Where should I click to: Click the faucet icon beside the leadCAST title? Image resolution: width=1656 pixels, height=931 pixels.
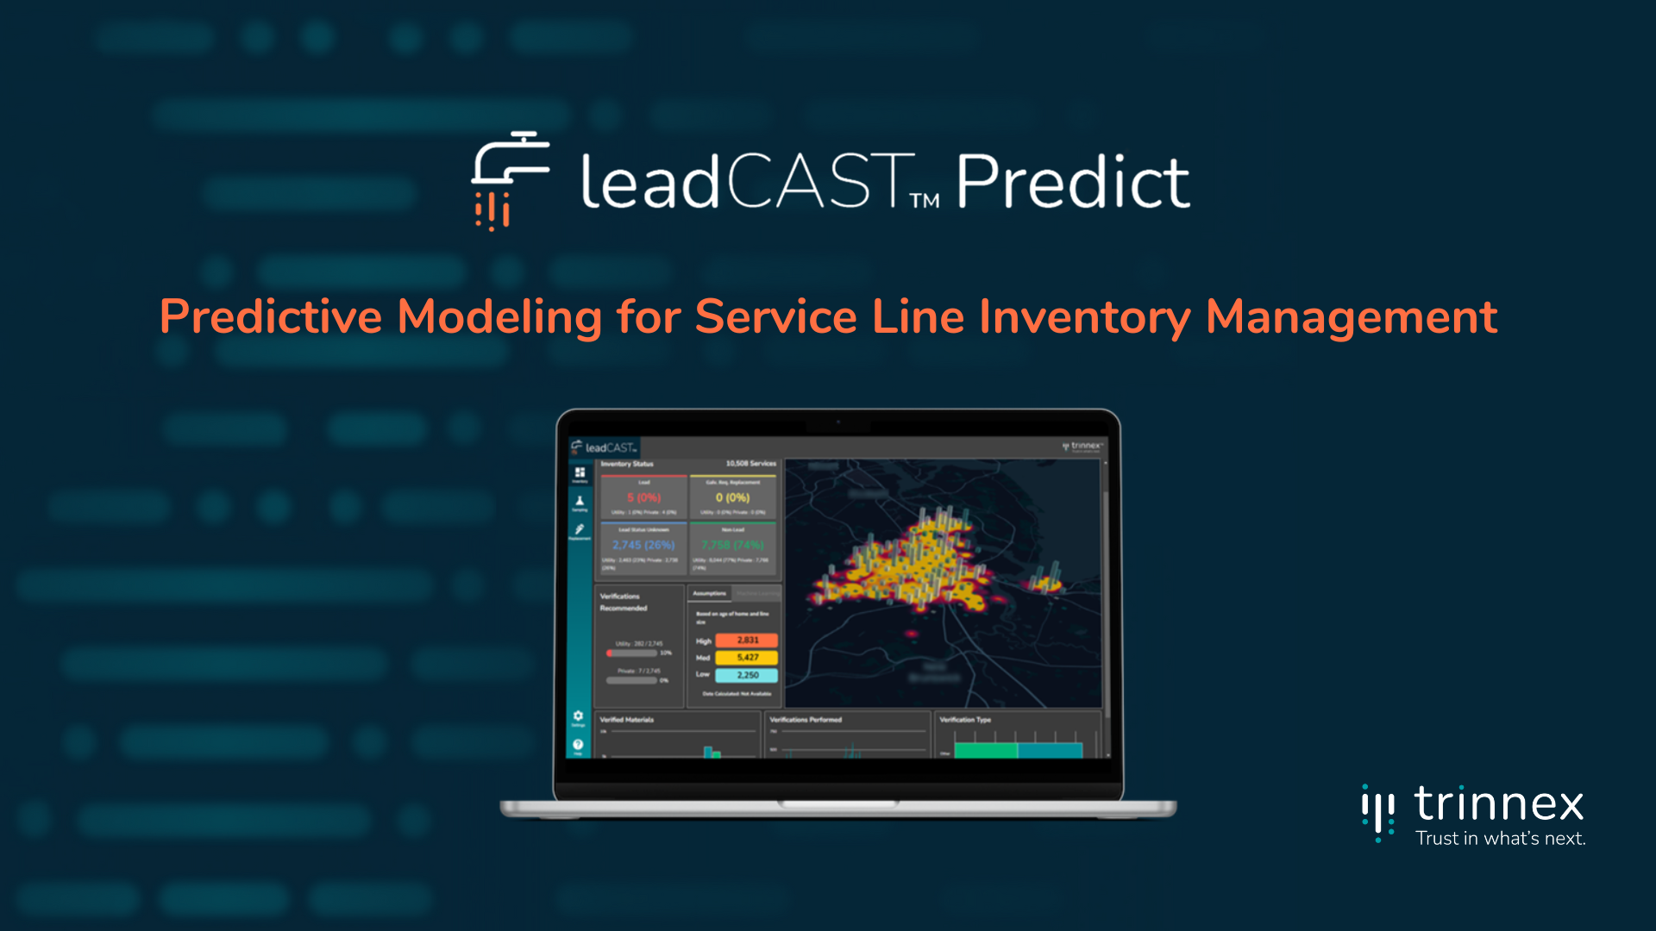(x=509, y=179)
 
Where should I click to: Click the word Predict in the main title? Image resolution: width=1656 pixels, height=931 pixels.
(x=1073, y=183)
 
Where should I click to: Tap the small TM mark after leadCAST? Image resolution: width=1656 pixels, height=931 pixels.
(x=925, y=201)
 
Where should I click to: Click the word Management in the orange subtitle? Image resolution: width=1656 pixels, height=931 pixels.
(x=1351, y=317)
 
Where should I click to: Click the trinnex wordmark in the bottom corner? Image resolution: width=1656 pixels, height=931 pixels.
(x=1499, y=805)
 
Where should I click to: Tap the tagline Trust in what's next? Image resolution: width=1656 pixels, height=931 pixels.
(x=1500, y=839)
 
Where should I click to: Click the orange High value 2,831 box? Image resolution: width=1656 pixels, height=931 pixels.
(x=747, y=640)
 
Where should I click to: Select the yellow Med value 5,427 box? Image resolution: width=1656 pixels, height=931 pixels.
(x=747, y=658)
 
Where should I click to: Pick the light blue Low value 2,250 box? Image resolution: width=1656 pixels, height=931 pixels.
(x=747, y=675)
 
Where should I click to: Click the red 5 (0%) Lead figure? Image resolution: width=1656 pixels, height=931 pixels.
(x=643, y=498)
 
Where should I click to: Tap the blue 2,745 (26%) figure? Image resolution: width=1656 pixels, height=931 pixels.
(x=643, y=545)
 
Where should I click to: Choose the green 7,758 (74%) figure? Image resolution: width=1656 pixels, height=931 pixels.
(x=732, y=545)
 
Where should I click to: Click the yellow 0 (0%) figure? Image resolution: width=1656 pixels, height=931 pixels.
(x=732, y=498)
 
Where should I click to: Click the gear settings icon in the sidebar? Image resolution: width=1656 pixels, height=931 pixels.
(x=578, y=716)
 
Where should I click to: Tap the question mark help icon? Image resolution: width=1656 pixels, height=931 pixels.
(x=578, y=745)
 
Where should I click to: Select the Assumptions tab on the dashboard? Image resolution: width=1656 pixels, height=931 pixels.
(x=709, y=594)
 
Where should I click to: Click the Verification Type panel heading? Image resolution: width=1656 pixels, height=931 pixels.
(x=965, y=720)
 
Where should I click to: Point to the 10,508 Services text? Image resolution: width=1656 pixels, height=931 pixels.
(x=750, y=464)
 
